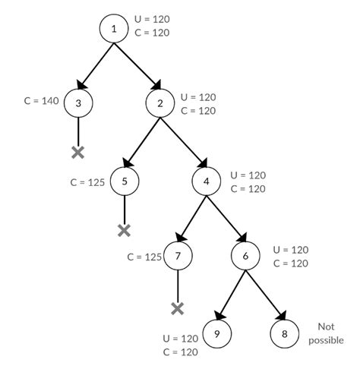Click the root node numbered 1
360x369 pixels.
pos(114,28)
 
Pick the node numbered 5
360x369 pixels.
pos(124,181)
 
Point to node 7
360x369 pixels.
pos(177,256)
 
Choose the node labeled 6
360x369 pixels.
pos(245,256)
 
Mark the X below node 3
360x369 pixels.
pos(77,152)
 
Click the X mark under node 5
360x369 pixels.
pos(124,229)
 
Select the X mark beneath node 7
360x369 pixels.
pos(177,307)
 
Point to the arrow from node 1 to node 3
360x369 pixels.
pos(96,65)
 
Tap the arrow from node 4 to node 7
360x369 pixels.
pos(191,219)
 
